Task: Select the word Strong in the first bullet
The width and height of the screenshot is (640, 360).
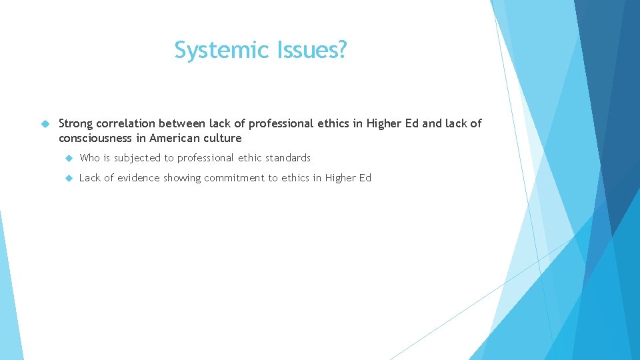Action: coord(76,123)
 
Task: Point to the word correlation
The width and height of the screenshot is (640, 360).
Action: coord(127,123)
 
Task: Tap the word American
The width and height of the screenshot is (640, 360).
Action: coord(175,139)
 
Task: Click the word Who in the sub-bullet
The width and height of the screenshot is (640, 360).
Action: coord(89,158)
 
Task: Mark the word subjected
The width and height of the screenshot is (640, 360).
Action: coord(137,159)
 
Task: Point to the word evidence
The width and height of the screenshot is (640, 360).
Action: coord(138,178)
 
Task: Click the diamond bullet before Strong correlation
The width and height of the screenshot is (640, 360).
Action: coord(45,124)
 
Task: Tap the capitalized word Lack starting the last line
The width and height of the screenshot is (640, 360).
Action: coord(90,178)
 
